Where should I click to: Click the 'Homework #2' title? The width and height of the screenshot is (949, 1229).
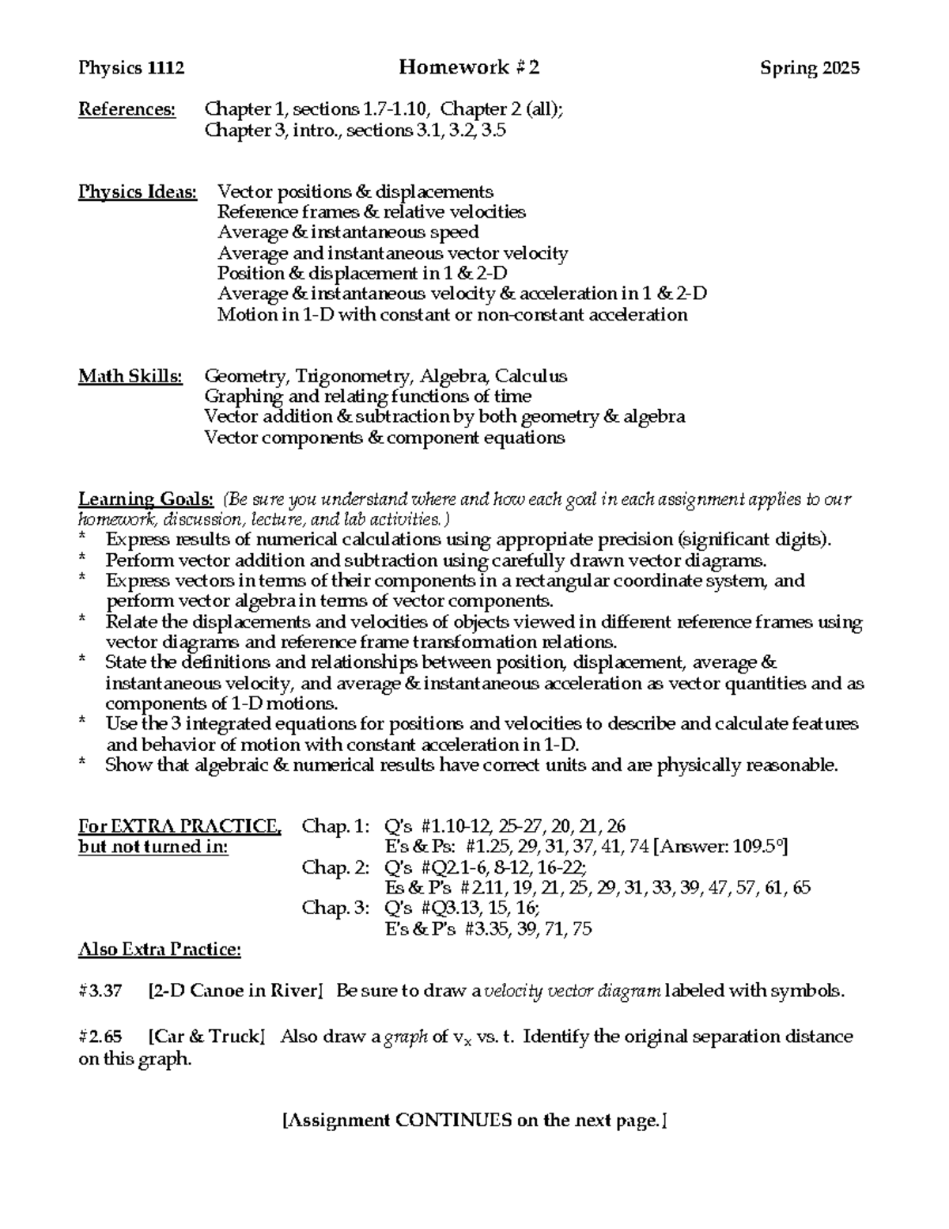pos(469,67)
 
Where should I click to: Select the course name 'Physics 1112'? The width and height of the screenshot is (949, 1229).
pos(131,68)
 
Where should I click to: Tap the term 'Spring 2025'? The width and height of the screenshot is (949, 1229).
pos(810,68)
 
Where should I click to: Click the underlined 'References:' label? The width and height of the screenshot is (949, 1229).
pos(127,109)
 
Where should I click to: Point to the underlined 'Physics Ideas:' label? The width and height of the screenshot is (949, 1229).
pos(138,192)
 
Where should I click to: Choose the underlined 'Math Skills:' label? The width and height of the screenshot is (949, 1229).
pos(130,376)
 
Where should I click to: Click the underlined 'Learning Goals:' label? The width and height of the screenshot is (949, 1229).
pos(146,499)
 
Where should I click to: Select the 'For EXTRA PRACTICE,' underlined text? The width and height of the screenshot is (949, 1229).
pos(180,826)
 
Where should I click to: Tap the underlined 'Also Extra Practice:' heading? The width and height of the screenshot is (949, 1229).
pos(160,949)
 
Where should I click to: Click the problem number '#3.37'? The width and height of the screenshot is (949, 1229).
pos(100,990)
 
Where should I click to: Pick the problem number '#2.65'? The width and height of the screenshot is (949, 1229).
pos(100,1037)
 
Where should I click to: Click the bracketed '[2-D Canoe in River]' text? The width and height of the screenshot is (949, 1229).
pos(236,990)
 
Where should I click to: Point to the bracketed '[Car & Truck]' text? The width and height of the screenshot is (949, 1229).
pos(206,1037)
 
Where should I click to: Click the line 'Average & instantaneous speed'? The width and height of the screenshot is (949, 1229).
pos(348,233)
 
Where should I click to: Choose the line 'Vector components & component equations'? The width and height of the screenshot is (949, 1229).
pos(384,438)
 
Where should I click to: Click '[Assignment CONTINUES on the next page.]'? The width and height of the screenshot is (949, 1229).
pos(475,1120)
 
